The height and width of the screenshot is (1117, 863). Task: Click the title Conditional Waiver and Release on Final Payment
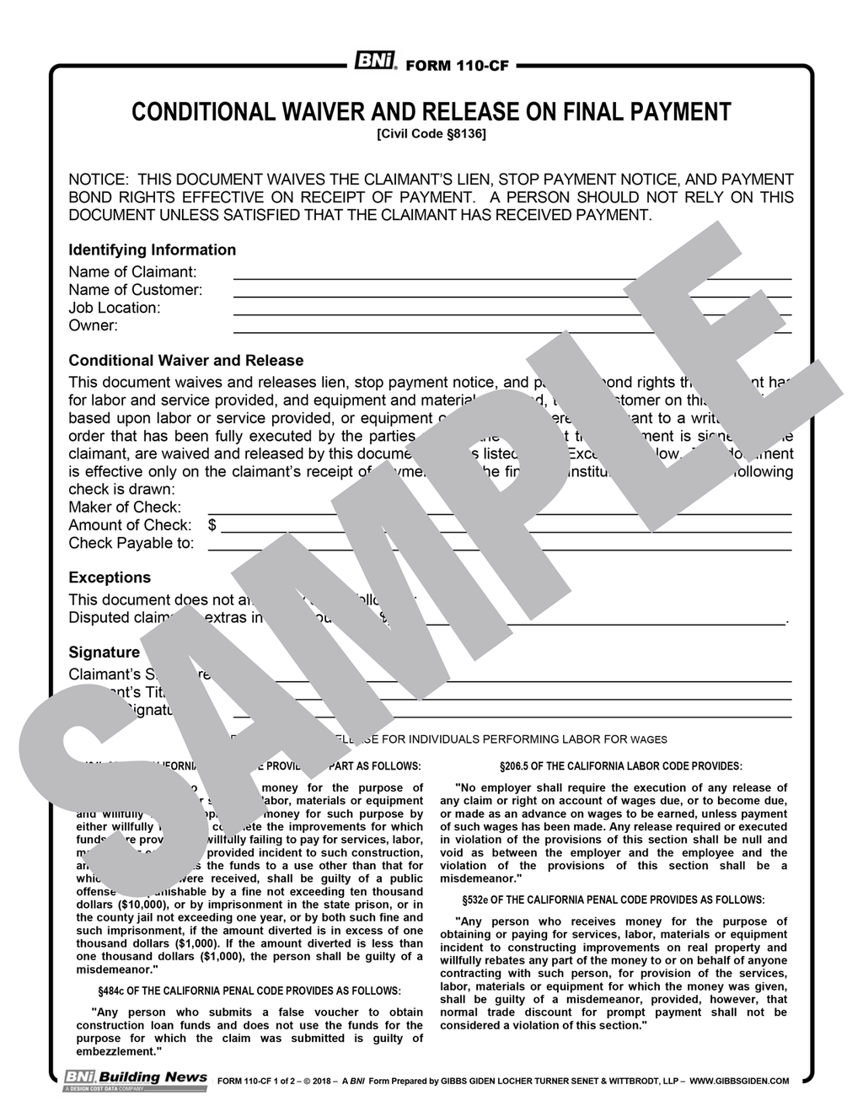(431, 112)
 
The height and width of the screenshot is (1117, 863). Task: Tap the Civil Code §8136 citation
(431, 133)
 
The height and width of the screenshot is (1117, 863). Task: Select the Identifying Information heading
(152, 250)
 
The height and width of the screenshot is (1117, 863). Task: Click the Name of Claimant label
(132, 272)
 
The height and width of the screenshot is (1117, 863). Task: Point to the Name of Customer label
(135, 290)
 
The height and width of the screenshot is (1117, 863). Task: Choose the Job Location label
(114, 308)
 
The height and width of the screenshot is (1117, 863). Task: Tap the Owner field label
(93, 325)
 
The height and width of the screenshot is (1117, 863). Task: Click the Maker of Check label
(125, 507)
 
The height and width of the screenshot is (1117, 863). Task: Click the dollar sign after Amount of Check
(212, 525)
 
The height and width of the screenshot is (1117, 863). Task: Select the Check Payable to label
(131, 543)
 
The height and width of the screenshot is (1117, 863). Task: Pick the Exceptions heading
(110, 577)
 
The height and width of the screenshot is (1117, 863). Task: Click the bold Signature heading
(104, 652)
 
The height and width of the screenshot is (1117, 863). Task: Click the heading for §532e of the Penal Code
(614, 900)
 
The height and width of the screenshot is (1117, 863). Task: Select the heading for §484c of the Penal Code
(249, 991)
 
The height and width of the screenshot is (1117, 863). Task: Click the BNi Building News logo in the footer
(136, 1080)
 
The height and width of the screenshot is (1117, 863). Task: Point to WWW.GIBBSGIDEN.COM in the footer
(739, 1081)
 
